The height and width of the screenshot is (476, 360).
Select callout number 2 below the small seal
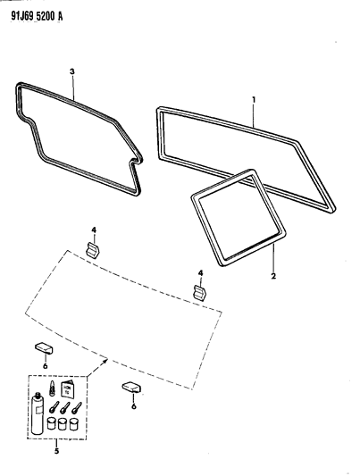click(x=273, y=277)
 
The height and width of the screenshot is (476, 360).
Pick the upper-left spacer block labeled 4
click(x=93, y=248)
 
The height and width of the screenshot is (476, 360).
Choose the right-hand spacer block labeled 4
click(x=201, y=291)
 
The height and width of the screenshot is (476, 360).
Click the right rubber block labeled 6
click(x=131, y=387)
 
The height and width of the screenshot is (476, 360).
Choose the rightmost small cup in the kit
click(x=73, y=425)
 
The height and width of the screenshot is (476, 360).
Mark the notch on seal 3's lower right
click(x=134, y=163)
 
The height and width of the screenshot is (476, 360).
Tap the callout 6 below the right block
click(x=134, y=405)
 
